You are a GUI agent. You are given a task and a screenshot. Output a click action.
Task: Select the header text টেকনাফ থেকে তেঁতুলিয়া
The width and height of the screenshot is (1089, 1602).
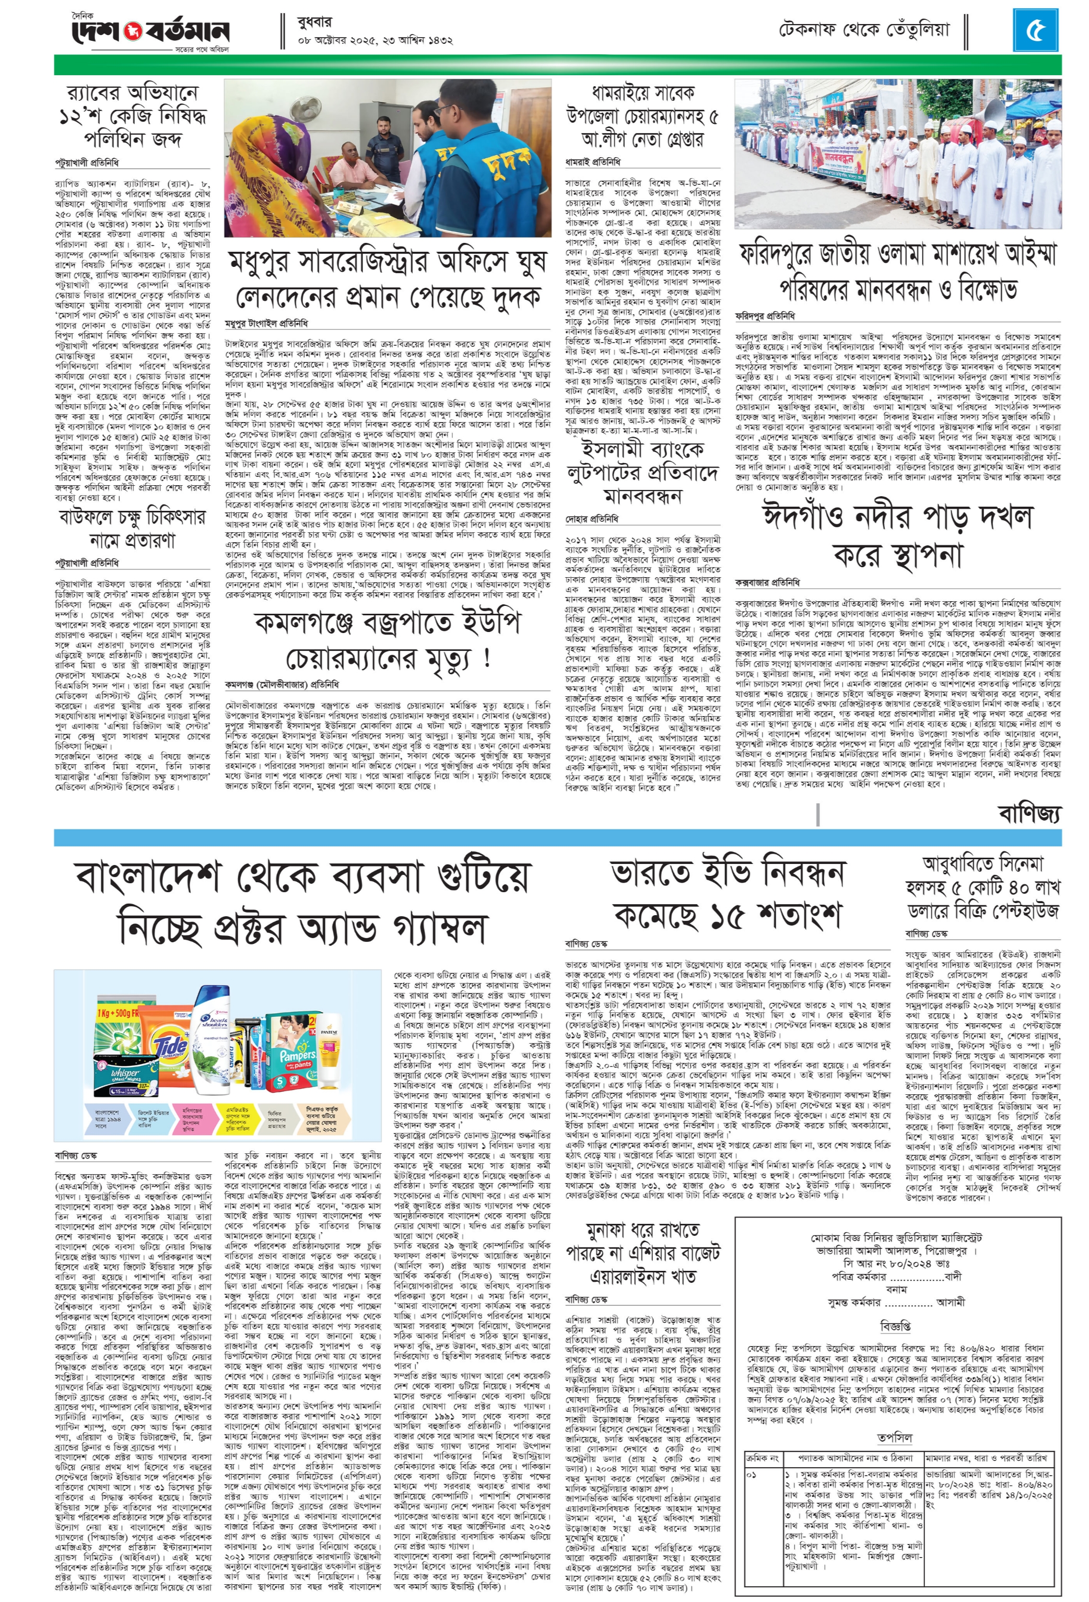pyautogui.click(x=864, y=30)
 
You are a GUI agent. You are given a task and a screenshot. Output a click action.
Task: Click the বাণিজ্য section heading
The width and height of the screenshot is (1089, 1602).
pyautogui.click(x=1029, y=813)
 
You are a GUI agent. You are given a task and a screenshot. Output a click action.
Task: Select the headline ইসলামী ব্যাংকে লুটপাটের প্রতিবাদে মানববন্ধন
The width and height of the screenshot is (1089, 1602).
pyautogui.click(x=642, y=472)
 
